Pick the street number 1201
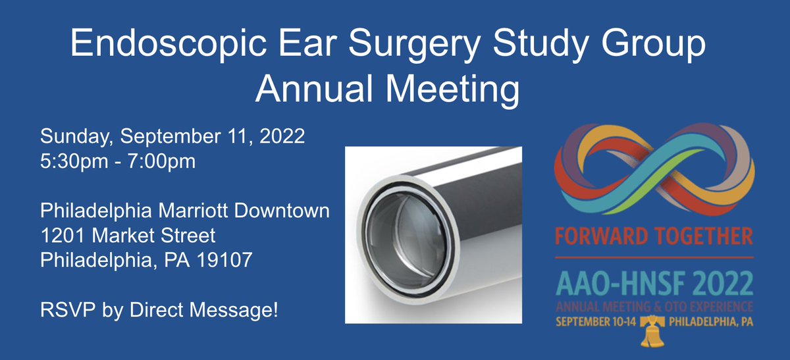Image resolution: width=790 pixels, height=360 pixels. click(63, 236)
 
